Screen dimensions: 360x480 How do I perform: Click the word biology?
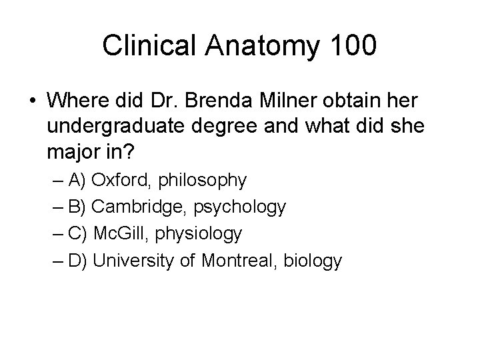(316, 261)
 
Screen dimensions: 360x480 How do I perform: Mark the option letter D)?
(77, 261)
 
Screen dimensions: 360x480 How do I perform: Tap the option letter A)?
(77, 181)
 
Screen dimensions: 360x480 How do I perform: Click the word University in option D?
(136, 260)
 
